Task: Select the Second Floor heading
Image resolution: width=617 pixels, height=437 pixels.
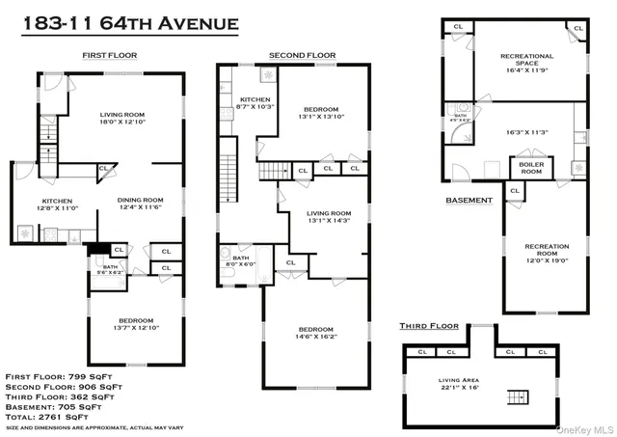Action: pyautogui.click(x=302, y=56)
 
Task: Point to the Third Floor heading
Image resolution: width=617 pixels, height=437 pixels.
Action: pyautogui.click(x=429, y=326)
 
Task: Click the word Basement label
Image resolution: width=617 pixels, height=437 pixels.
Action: pyautogui.click(x=469, y=201)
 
